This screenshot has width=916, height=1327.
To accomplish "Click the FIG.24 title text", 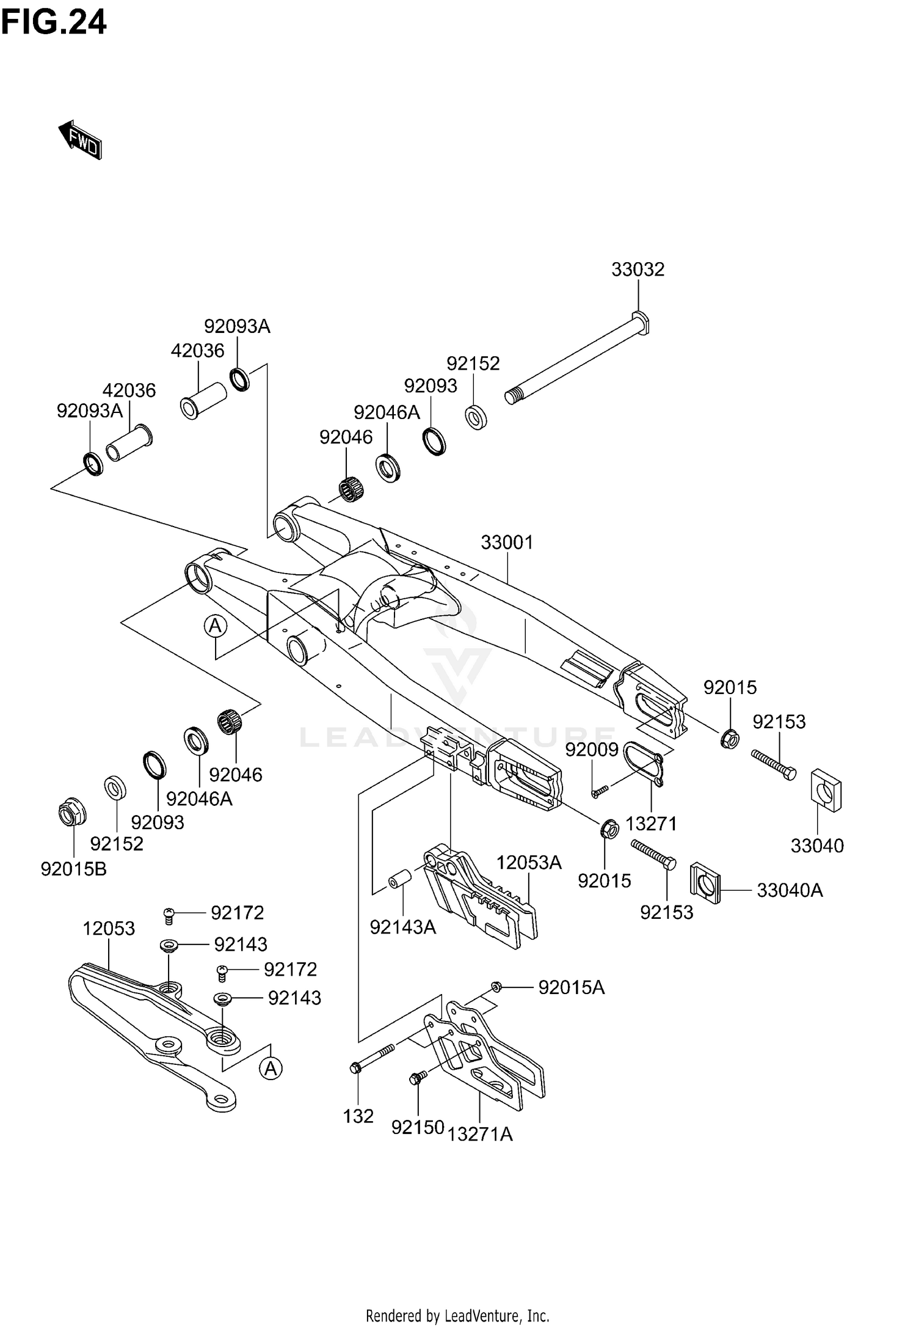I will coord(54,23).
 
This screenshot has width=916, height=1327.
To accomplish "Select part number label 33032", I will coord(638,269).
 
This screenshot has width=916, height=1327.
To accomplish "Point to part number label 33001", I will coord(507,542).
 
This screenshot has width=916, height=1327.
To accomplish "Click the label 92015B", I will coord(73,868).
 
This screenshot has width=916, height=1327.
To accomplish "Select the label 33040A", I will coord(790,890).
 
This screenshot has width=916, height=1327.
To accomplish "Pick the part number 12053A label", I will coord(528,862).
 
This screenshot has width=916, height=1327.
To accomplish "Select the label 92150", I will coord(418,1127).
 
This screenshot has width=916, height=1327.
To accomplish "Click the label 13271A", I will coord(480,1134).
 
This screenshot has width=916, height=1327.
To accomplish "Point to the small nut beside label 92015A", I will coord(496,986).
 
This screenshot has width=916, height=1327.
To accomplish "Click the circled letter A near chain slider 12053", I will coord(271,1069).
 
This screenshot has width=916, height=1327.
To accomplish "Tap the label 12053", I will coord(109,928).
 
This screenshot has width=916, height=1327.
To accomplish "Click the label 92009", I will coord(592,750).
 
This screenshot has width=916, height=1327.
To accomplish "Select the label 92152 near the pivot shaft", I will coord(473,364).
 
